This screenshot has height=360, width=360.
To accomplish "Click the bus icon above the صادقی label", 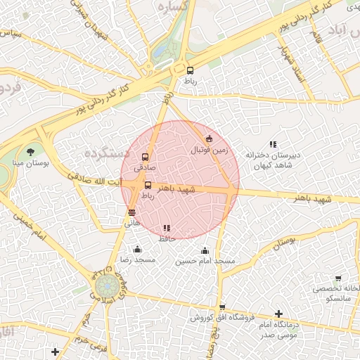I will (146, 157).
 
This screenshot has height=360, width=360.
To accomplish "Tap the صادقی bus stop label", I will (144, 168).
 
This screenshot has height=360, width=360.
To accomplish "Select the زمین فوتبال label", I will (208, 150).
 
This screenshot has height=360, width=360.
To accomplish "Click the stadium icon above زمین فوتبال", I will (209, 139).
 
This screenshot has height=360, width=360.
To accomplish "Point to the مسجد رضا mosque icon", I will (137, 249).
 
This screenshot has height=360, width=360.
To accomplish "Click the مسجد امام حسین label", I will (205, 261).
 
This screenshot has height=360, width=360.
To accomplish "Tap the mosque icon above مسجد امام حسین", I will (205, 250).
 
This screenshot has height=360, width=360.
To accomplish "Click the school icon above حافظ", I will (167, 229).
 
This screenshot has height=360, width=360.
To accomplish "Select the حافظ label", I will (167, 239).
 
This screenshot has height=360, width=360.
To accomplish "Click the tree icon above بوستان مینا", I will (30, 151).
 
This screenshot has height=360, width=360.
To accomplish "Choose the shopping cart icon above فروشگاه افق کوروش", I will (222, 307).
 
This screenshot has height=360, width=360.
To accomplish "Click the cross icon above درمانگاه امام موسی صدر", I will (279, 314).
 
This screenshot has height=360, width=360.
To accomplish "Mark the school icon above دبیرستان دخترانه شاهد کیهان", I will (273, 144).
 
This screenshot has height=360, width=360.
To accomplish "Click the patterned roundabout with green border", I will (106, 288).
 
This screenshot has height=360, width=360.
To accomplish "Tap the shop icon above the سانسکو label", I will (338, 278).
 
